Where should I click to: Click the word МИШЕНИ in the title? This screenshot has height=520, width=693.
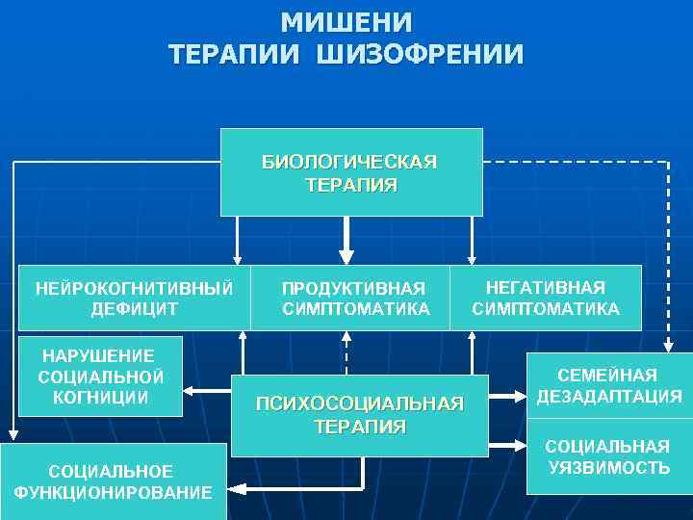(x=346, y=21)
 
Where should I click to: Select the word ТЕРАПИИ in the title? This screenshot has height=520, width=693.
(x=230, y=53)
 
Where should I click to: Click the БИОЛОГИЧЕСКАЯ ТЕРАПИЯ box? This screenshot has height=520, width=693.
(x=350, y=171)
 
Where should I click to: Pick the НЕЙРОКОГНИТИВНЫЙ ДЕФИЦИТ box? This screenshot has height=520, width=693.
(x=134, y=298)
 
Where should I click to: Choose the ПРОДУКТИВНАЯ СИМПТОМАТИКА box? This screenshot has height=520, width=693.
(x=355, y=298)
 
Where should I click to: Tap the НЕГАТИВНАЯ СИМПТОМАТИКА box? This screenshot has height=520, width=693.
(x=545, y=298)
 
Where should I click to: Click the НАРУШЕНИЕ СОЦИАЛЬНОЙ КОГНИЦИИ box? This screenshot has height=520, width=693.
(x=101, y=376)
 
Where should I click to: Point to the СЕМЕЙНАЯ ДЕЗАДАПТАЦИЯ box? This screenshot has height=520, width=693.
(x=608, y=385)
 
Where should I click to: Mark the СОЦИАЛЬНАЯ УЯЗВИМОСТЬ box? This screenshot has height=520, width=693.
(x=608, y=457)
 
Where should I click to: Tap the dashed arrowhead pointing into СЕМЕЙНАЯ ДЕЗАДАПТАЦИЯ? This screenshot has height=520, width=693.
(x=668, y=346)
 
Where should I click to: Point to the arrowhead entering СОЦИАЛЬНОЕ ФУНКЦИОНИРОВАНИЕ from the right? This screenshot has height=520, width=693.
(x=235, y=489)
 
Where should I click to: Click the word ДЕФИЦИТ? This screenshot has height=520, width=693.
(x=133, y=309)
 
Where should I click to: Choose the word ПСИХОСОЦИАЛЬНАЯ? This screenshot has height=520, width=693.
(x=360, y=403)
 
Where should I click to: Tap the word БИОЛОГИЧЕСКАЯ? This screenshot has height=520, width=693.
(x=350, y=161)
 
